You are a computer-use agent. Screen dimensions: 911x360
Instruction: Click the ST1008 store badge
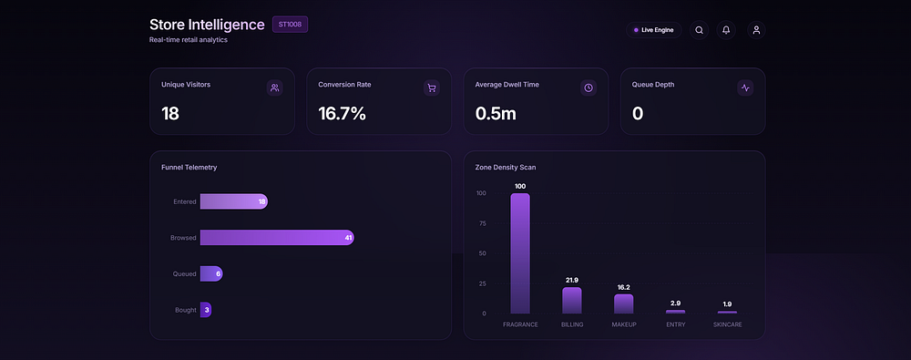[290, 25]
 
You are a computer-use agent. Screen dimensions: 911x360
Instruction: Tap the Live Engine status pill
[653, 30]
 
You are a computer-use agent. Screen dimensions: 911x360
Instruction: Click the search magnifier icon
[699, 30]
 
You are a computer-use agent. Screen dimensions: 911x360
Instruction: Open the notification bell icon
[726, 30]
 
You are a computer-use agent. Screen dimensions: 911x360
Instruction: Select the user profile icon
[756, 30]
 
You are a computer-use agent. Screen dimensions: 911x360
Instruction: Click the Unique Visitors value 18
[170, 113]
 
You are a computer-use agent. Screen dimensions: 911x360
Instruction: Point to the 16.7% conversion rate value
[343, 113]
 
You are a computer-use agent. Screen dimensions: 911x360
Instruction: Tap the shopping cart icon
[431, 87]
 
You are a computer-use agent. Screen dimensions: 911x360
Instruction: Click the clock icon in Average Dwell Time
[588, 87]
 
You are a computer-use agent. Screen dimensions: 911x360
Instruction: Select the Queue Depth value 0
[638, 113]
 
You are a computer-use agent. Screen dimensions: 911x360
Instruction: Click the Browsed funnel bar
[277, 237]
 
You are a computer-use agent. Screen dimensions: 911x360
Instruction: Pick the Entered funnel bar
[234, 201]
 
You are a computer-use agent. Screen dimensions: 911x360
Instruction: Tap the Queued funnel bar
[211, 273]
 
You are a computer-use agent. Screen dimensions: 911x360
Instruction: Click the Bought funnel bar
[206, 309]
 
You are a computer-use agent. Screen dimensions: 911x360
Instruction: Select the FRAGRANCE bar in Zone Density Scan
[520, 253]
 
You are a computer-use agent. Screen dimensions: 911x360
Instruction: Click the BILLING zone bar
[572, 301]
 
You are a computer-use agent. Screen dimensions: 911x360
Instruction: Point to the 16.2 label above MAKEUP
[623, 287]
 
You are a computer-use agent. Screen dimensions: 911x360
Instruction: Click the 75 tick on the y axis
[482, 223]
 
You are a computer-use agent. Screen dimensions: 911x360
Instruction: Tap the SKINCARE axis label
[727, 324]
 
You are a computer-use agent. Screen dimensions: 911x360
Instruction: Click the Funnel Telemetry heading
[189, 168]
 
